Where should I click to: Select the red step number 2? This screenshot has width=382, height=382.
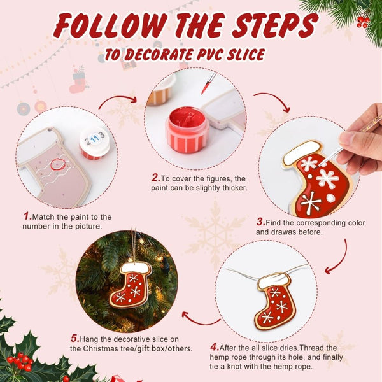point(155,178)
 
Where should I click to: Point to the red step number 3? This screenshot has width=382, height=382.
point(260,222)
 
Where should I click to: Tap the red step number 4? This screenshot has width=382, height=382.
point(214,347)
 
